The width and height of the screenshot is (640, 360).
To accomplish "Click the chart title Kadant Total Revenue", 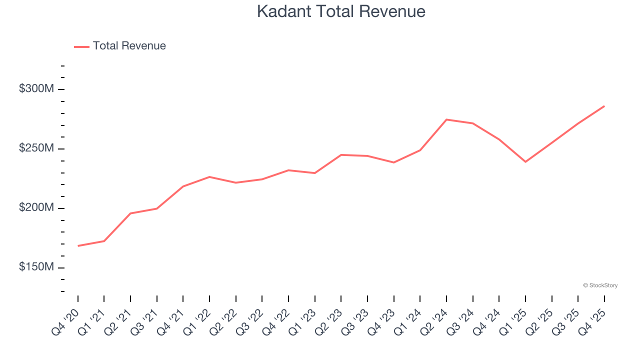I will click(x=341, y=11).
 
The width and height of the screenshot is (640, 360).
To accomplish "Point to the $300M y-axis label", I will click(x=36, y=89).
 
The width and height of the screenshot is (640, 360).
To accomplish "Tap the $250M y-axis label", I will click(x=36, y=148).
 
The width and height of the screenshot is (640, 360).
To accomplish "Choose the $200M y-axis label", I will click(x=36, y=208).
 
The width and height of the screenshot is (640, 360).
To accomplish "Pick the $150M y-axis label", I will click(x=36, y=267).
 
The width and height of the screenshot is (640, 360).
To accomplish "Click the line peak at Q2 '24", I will click(x=446, y=119).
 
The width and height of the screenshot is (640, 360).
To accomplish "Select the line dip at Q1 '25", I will click(x=525, y=161).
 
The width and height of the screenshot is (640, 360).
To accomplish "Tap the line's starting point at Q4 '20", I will click(x=78, y=246).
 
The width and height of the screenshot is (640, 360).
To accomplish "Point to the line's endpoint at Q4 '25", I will click(x=604, y=106).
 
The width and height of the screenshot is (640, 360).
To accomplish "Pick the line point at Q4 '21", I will click(x=183, y=186).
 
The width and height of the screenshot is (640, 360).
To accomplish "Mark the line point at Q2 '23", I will click(x=341, y=155).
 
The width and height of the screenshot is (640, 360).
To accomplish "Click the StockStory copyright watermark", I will click(x=600, y=285).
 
